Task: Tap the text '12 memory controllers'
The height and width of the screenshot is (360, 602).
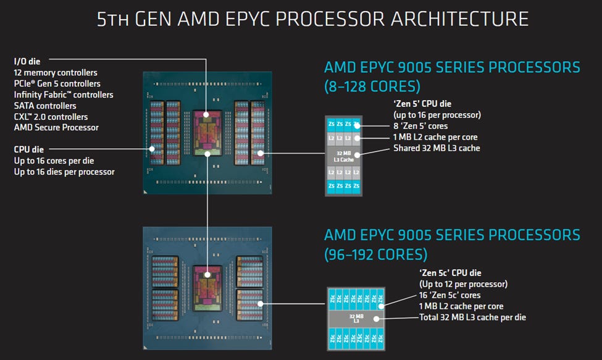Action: [x=56, y=73]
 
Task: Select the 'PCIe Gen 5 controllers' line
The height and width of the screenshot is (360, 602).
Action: [x=57, y=84]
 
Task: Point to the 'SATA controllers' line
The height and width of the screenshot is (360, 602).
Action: [x=45, y=106]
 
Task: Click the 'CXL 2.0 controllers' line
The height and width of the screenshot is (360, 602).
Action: [x=51, y=117]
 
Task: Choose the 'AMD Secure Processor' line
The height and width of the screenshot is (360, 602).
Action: [x=56, y=128]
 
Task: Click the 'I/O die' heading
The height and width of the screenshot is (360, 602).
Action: [x=28, y=61]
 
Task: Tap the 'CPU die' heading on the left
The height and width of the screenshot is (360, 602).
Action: [x=29, y=149]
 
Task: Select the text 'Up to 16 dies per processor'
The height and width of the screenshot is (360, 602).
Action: [x=64, y=172]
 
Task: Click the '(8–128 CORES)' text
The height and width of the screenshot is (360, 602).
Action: [x=372, y=86]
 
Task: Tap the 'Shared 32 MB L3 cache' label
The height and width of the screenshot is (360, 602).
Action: [x=437, y=148]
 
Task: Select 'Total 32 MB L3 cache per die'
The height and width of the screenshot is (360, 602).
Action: [x=472, y=317]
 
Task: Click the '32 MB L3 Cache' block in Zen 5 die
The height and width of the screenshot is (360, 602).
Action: [x=343, y=156]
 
